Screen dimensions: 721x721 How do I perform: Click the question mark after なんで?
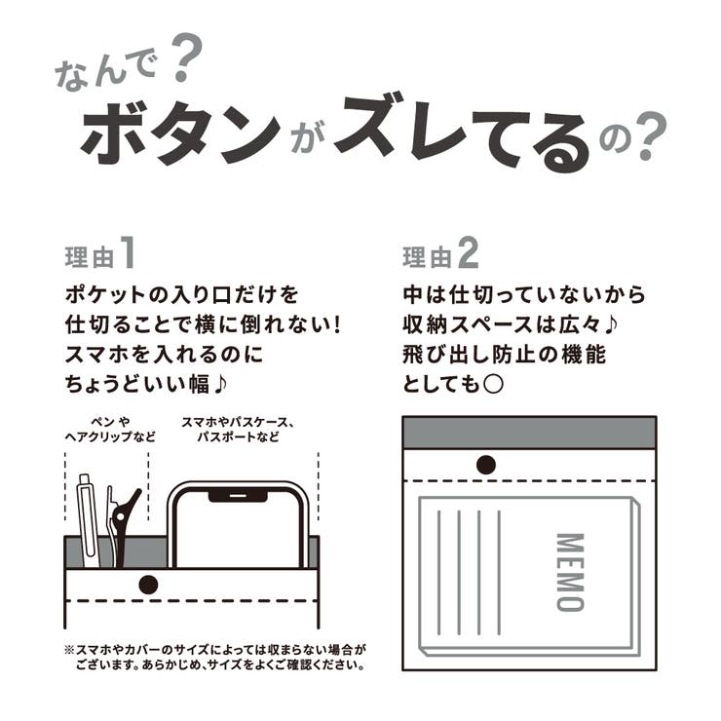pos(182,63)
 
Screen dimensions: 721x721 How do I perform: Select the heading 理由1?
pos(98,255)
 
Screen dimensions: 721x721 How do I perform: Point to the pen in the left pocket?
pos(88,521)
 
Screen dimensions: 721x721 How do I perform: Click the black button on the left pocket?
pos(148,585)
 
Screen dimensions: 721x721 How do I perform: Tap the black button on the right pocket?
pos(486,466)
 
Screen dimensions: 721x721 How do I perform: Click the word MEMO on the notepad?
pos(569,571)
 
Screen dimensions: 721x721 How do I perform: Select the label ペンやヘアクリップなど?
pos(115,430)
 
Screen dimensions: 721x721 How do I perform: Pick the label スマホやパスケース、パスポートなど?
pos(238,430)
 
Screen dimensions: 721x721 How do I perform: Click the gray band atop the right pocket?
pos(529,432)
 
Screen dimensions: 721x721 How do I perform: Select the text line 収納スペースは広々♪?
pos(504,323)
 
